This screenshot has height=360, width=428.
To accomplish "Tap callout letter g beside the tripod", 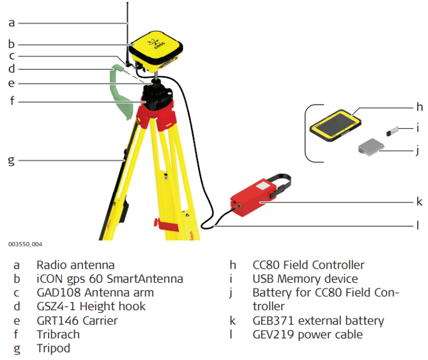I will (11, 160).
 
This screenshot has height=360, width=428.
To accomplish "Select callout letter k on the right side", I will (419, 202).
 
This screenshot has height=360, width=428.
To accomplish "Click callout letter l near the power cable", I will (418, 225).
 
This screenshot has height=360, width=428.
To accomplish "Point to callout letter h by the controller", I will (420, 107).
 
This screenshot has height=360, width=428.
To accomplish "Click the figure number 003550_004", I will (26, 244).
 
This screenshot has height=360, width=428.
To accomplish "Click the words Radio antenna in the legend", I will (75, 265).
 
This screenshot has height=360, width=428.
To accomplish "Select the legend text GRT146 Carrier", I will (77, 320).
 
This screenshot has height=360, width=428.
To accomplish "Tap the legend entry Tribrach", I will (58, 334).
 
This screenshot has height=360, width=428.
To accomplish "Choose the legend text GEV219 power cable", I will (307, 334).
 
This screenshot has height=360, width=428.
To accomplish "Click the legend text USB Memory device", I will (305, 279).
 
